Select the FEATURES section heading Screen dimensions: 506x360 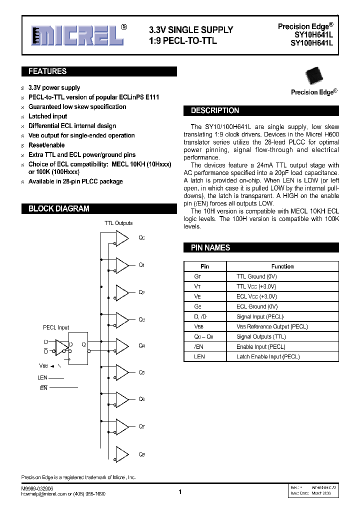[x=47, y=71]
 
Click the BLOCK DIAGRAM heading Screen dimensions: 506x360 [x=58, y=208]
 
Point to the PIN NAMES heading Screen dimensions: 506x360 [x=210, y=247]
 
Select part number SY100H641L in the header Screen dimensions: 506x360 [x=311, y=43]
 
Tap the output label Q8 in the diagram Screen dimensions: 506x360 [x=141, y=454]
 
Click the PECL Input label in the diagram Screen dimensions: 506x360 [x=56, y=327]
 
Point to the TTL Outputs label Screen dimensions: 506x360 [x=118, y=223]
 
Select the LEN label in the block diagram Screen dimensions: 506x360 [x=42, y=378]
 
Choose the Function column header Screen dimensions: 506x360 [x=282, y=266]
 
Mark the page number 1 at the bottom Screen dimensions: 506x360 [x=180, y=492]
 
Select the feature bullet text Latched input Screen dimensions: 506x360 [x=47, y=116]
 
